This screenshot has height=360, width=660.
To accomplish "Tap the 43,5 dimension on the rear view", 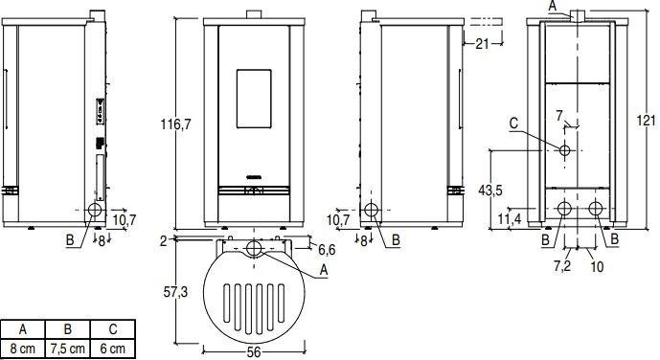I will coord(489,190).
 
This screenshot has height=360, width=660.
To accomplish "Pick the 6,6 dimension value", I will coord(325,250).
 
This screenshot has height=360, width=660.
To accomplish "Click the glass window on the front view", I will coord(254,98).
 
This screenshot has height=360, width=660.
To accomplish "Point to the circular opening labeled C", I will coord(565,151).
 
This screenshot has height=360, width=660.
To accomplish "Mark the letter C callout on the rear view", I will coord(514,123).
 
